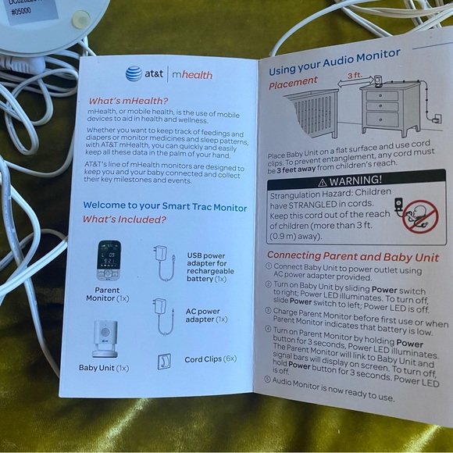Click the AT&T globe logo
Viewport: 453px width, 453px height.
tap(134, 73)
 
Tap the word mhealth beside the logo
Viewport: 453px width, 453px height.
tap(191, 73)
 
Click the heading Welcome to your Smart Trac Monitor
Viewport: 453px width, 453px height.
tap(165, 207)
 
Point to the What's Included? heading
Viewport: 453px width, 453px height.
tap(124, 220)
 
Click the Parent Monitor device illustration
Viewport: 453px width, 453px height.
tap(109, 261)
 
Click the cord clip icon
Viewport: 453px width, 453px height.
tap(164, 361)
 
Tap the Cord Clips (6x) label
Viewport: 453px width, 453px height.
tap(210, 360)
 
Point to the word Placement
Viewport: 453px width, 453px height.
tap(294, 81)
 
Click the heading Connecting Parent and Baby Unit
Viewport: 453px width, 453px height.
tap(353, 255)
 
